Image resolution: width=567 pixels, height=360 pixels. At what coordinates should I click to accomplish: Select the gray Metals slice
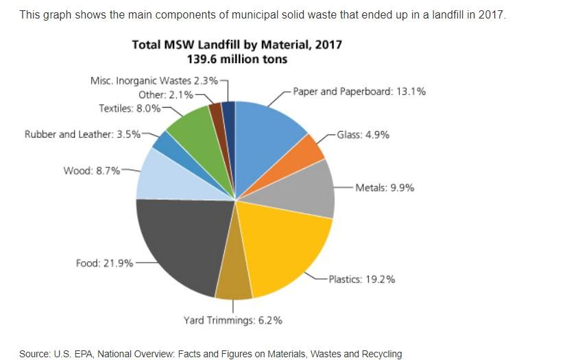[x=310, y=187]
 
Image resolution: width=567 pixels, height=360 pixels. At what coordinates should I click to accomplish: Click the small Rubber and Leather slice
[x=165, y=141]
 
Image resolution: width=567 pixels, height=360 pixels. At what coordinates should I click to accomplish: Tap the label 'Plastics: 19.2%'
[x=361, y=279]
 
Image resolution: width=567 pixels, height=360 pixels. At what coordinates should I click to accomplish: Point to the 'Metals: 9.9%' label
[x=384, y=187]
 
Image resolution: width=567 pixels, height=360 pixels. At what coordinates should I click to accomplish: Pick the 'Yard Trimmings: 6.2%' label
[x=232, y=320]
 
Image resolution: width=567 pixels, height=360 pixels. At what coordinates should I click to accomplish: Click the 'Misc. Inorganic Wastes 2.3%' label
[x=154, y=81]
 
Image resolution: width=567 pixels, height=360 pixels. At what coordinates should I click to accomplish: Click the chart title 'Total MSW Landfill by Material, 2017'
[x=237, y=45]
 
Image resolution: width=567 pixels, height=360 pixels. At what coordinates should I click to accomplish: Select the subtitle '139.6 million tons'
[x=237, y=60]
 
